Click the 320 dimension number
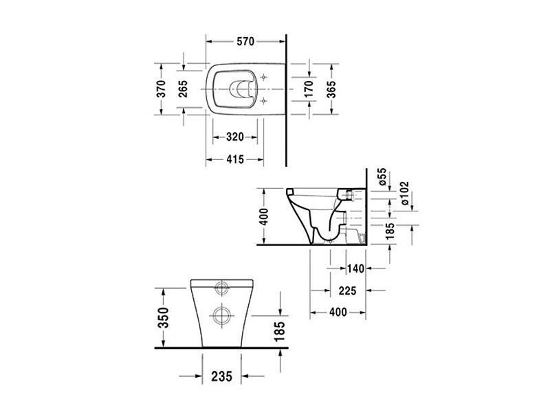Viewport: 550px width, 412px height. point(234,137)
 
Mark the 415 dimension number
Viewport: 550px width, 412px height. point(234,160)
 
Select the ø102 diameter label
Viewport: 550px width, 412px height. point(404,194)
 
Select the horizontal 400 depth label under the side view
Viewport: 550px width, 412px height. point(338,312)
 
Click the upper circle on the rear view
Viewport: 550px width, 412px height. point(223,287)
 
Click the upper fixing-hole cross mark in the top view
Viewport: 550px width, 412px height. point(263,76)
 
